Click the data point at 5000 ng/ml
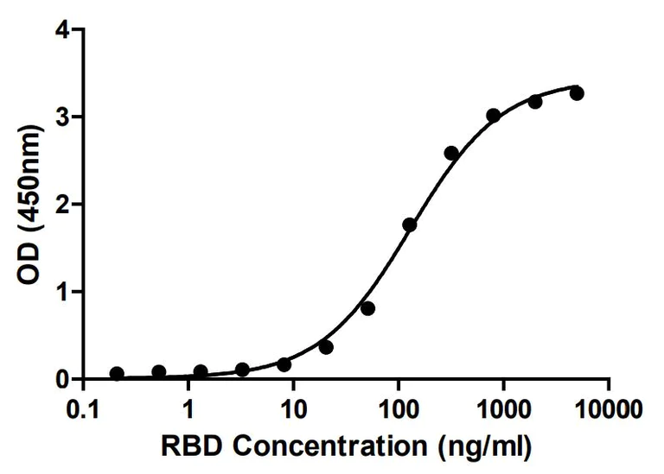click(577, 93)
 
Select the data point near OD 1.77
click(410, 224)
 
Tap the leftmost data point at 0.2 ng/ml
click(117, 374)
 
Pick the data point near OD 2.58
click(451, 153)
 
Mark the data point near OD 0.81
click(367, 308)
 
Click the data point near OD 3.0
click(494, 115)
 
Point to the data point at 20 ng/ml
click(326, 347)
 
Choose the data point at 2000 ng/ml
click(535, 101)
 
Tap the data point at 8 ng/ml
click(284, 364)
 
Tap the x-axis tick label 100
click(399, 406)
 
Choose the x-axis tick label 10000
click(609, 406)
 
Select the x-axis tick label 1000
click(503, 406)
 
